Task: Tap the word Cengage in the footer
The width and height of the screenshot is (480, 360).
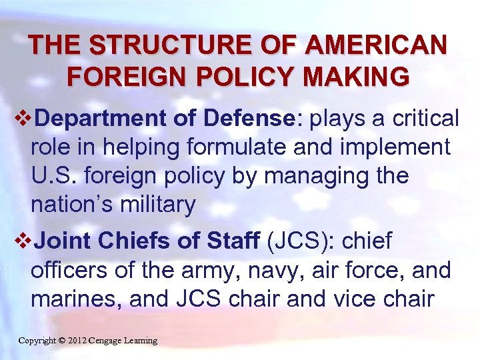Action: [111, 341]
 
